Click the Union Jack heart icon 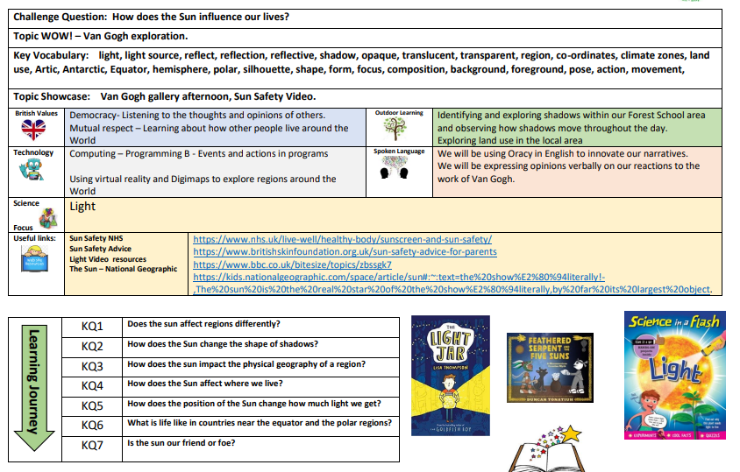click(x=32, y=130)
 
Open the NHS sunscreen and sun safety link click(x=342, y=238)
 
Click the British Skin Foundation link click(x=345, y=251)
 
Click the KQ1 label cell click(x=93, y=326)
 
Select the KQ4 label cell click(x=93, y=385)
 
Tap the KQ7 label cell click(x=93, y=445)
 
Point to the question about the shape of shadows click(x=223, y=343)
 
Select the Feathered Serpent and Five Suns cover click(x=549, y=369)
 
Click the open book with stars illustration click(x=545, y=450)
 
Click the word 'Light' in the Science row click(x=82, y=207)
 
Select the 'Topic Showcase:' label click(x=52, y=95)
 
